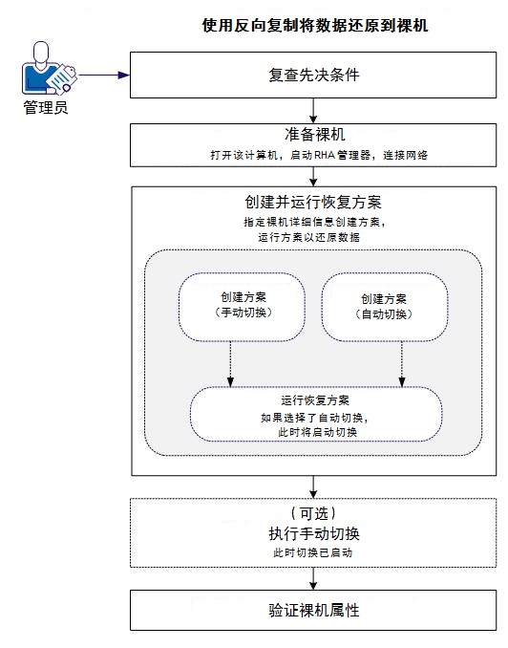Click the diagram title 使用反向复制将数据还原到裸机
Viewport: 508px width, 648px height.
click(314, 26)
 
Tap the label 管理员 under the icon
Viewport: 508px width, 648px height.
click(45, 108)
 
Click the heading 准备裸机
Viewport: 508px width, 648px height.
click(314, 134)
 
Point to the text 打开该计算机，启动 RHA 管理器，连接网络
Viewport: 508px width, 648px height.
click(314, 154)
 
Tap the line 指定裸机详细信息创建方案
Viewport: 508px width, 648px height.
click(314, 222)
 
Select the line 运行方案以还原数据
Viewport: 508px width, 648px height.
click(314, 237)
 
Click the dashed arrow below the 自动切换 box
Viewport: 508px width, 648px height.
click(402, 363)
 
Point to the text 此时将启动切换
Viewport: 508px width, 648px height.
click(315, 432)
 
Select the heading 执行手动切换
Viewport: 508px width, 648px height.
click(314, 533)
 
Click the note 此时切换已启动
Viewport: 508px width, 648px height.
click(314, 553)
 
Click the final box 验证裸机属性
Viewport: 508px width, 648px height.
click(314, 609)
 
